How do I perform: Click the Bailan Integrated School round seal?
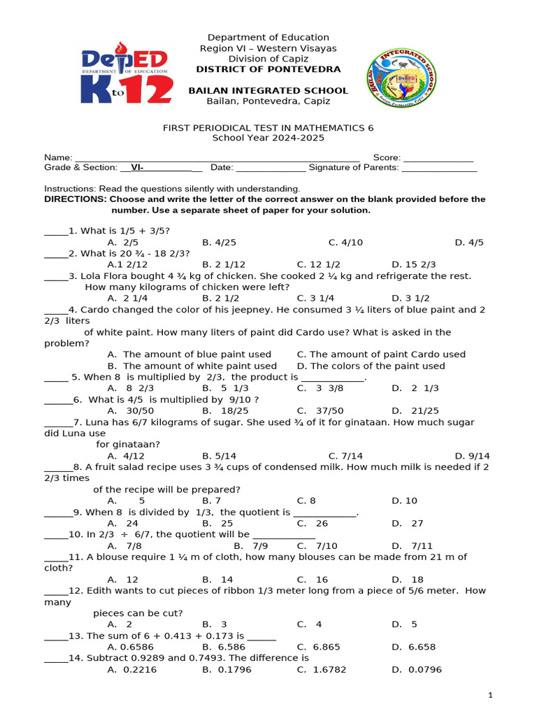pos(402,77)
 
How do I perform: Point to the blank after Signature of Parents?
pos(439,169)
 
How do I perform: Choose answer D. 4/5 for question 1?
pos(469,243)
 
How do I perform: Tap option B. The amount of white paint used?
pos(192,366)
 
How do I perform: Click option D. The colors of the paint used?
pos(371,366)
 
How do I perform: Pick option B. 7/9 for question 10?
pos(250,545)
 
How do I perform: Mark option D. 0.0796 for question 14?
pos(417,670)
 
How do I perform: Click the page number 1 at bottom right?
pos(491,695)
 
